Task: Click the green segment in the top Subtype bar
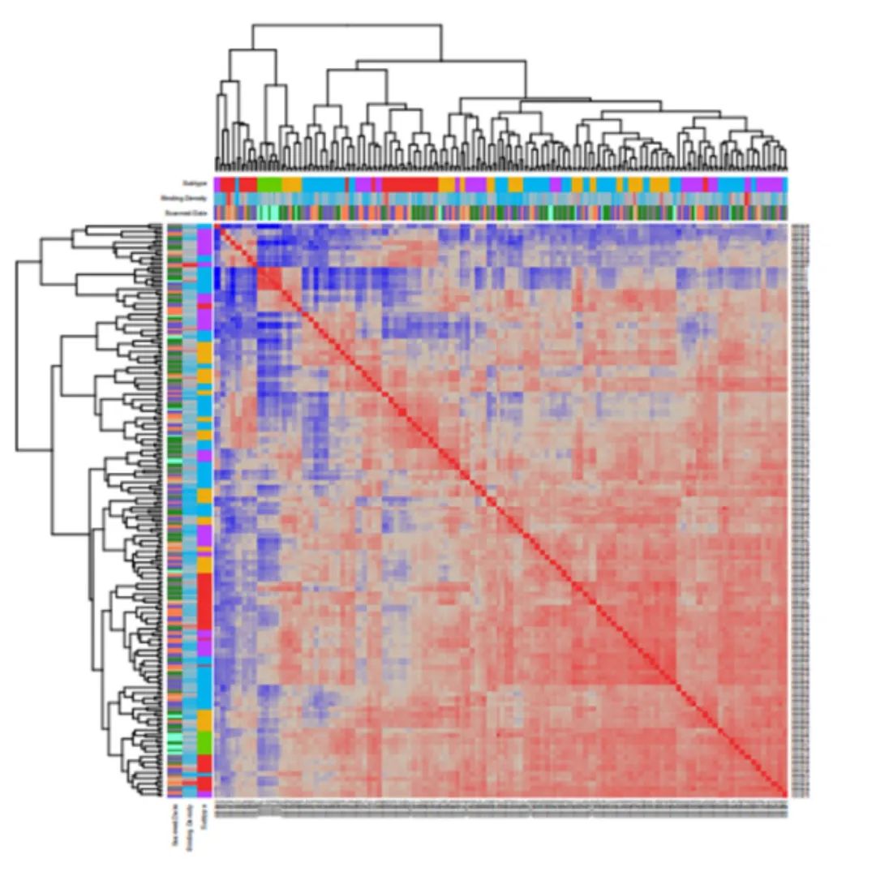[269, 184]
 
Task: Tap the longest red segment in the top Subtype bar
[410, 184]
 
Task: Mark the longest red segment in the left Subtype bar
[204, 600]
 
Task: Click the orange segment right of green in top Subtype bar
[291, 184]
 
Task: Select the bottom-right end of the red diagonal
[784, 793]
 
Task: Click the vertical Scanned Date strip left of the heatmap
[174, 511]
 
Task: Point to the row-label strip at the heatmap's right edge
[799, 511]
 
